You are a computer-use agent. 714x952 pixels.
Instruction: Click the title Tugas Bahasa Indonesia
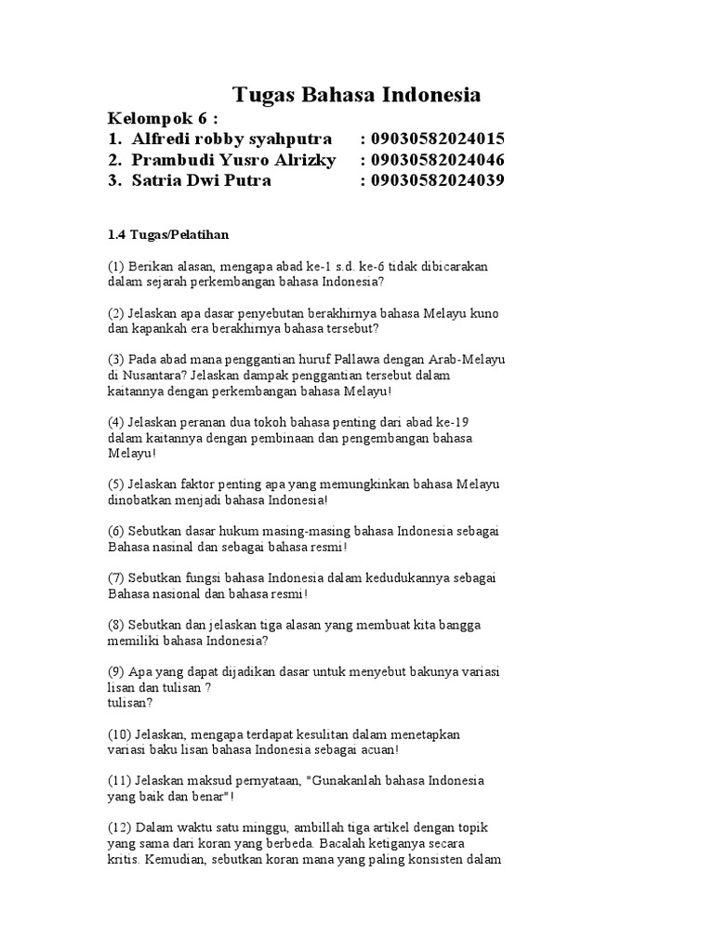coord(356,96)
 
